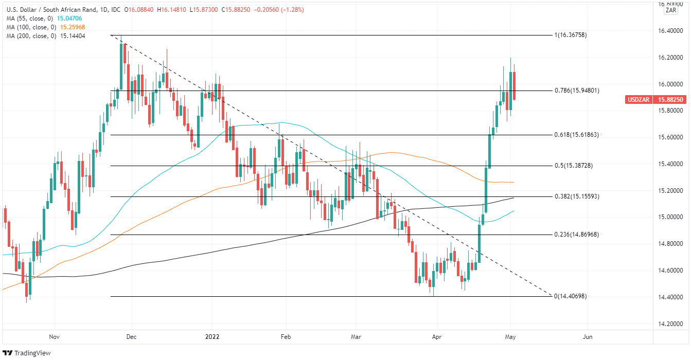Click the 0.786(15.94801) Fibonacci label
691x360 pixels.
click(577, 91)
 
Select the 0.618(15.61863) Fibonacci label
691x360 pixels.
click(577, 135)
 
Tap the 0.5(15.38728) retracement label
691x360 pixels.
click(575, 166)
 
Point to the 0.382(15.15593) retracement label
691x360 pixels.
click(577, 196)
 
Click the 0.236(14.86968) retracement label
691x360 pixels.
click(577, 235)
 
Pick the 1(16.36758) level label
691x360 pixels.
click(570, 35)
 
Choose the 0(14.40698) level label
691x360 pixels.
click(570, 296)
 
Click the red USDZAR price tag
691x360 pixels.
click(639, 99)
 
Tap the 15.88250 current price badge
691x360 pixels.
click(670, 99)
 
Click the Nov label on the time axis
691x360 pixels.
click(55, 337)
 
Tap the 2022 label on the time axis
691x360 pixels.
click(211, 337)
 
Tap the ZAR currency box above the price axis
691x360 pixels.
click(671, 10)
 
